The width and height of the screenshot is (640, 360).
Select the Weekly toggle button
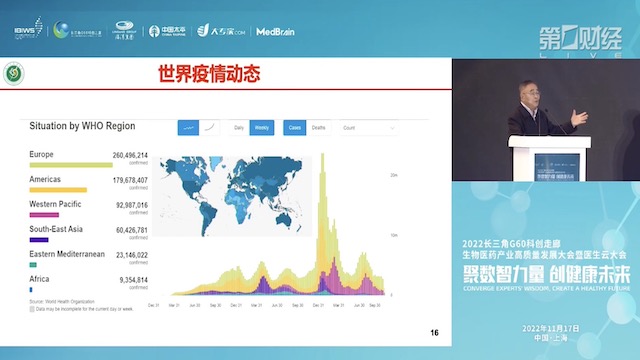[261, 128]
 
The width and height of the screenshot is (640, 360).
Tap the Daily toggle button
[239, 128]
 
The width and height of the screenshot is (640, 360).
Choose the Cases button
[295, 128]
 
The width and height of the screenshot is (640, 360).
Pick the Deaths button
[318, 128]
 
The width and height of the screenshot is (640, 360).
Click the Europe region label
[42, 155]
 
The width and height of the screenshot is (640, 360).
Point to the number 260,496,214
[130, 156]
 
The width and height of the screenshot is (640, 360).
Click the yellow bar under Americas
[58, 190]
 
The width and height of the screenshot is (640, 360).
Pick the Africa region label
[39, 279]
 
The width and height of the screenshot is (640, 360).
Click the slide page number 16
[433, 333]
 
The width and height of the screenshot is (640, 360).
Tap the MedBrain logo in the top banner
[273, 30]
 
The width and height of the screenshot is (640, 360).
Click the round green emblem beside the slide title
[13, 74]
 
